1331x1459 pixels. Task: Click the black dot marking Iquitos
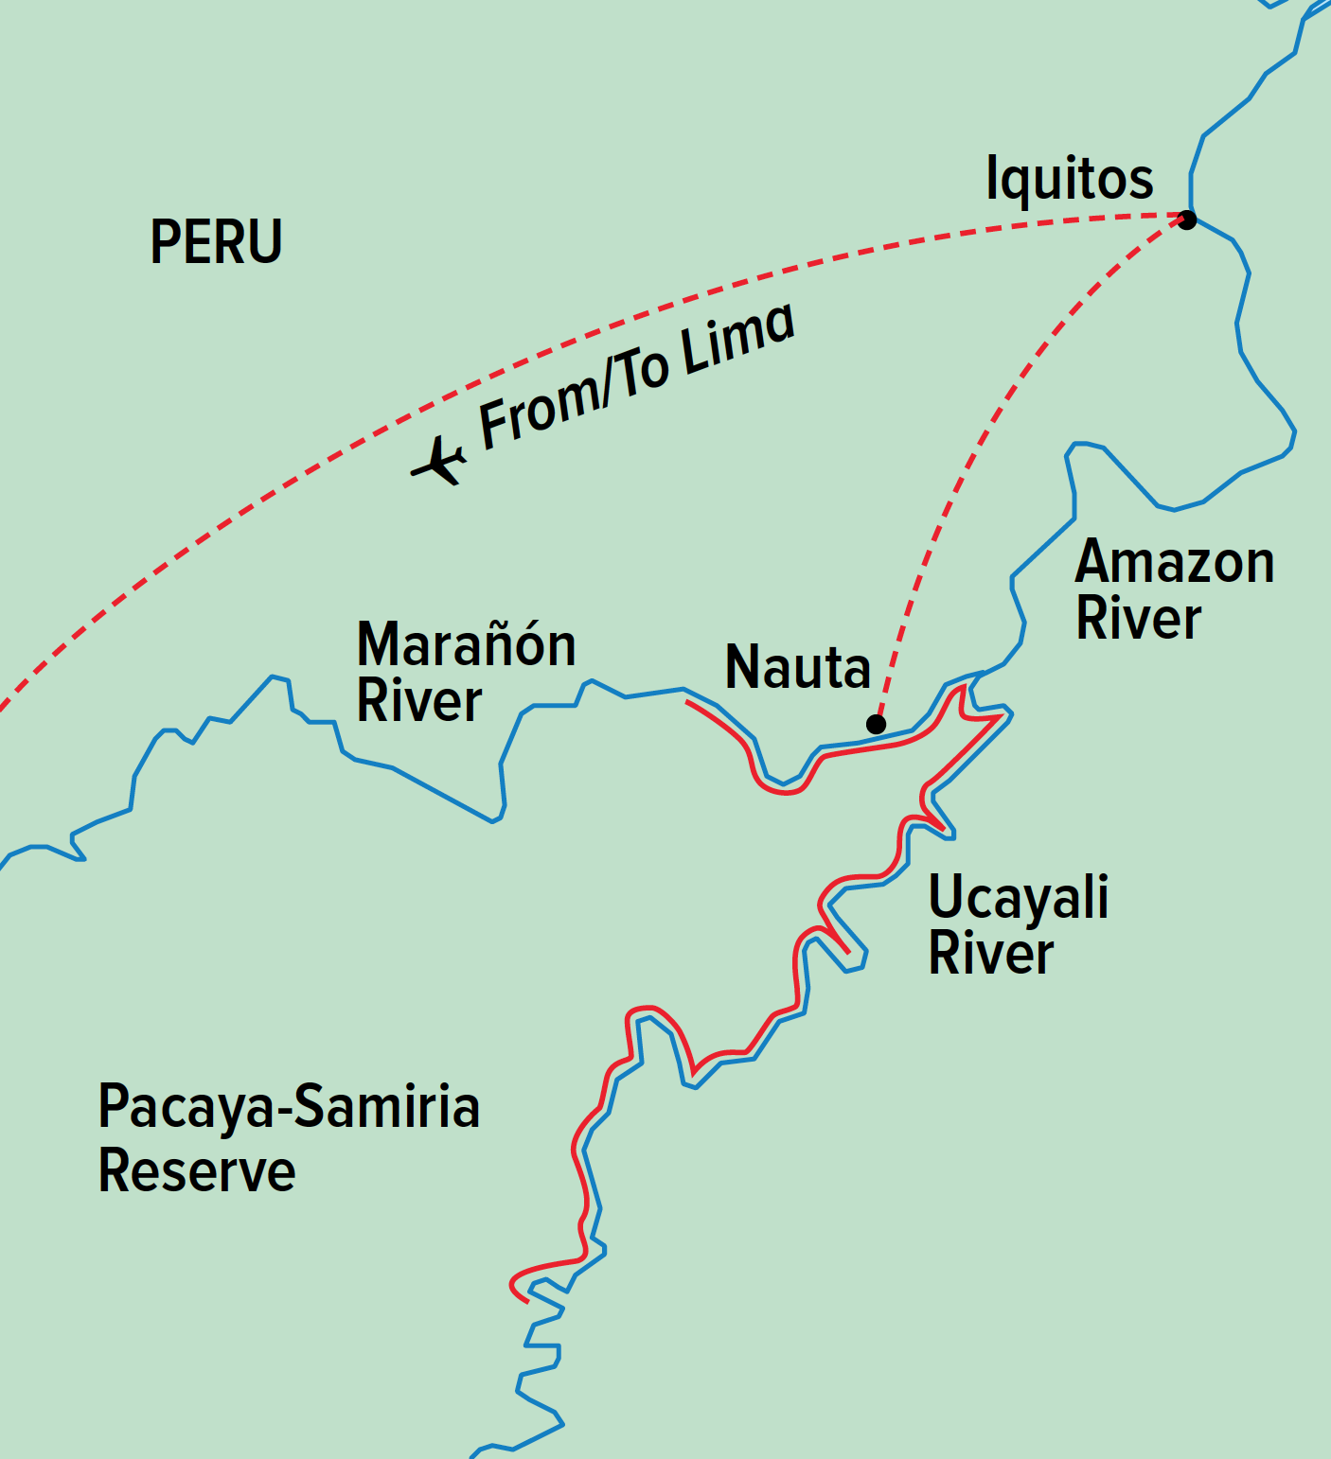1186,220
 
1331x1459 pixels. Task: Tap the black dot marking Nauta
877,724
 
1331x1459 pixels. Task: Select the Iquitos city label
1069,179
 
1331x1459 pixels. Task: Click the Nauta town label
797,667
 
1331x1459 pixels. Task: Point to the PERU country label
216,242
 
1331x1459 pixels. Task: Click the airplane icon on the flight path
438,461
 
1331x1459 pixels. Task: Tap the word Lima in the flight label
737,340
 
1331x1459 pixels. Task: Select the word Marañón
466,645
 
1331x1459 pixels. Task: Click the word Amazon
1175,563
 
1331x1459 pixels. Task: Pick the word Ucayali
1018,898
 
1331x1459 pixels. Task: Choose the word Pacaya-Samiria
289,1107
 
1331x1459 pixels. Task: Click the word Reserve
197,1171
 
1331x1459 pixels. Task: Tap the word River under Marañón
419,701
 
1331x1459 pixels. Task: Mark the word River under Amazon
1139,619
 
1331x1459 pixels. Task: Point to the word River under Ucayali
990,953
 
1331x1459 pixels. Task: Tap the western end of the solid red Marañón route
688,702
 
